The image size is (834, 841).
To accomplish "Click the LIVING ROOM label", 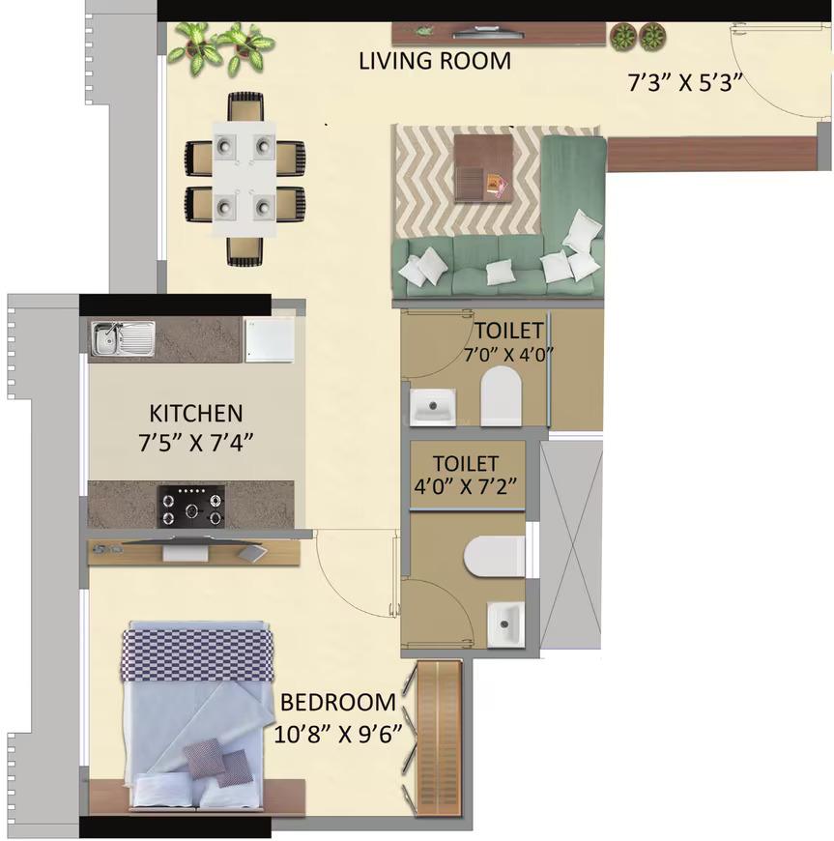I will [435, 61].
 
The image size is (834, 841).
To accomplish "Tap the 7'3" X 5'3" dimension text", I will [684, 82].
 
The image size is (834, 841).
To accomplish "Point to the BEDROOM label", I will [338, 703].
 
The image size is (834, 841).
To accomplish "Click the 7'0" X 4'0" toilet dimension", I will [506, 354].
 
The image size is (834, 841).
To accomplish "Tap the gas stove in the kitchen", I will [193, 506].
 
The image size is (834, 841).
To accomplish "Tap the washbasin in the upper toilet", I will [432, 406].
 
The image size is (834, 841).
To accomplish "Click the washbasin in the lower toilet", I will [504, 622].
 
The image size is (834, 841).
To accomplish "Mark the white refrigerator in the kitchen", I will [268, 339].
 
